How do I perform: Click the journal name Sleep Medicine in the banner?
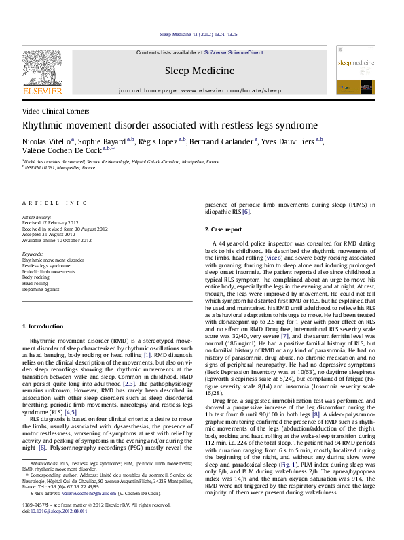(x=199, y=71)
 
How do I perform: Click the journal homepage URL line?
(x=199, y=89)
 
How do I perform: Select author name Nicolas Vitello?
(x=47, y=141)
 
